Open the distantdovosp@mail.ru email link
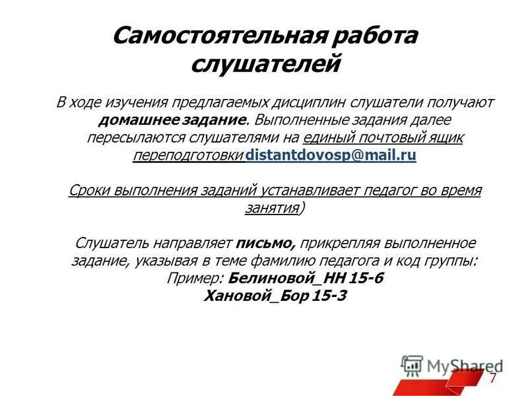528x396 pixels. pyautogui.click(x=330, y=156)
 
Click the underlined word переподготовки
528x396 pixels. pyautogui.click(x=188, y=156)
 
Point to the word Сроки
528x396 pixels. pyautogui.click(x=89, y=191)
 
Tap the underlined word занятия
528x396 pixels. pyautogui.click(x=269, y=208)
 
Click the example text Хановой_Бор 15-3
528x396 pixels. pyautogui.click(x=276, y=296)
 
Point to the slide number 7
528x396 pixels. pyautogui.click(x=492, y=378)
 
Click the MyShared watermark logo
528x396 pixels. pyautogui.click(x=451, y=365)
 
